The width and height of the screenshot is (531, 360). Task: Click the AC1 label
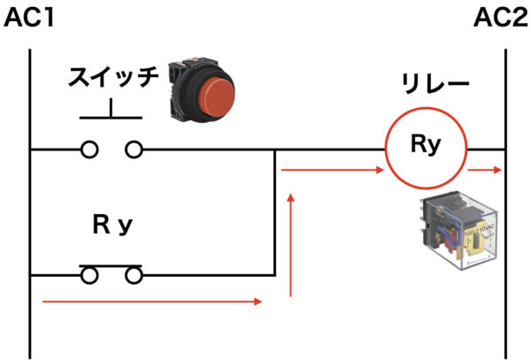[29, 18]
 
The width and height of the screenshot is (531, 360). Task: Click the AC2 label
[501, 18]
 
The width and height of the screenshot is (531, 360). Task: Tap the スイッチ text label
[113, 77]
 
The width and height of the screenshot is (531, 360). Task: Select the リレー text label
[435, 84]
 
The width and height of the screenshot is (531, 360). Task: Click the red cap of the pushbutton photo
[217, 96]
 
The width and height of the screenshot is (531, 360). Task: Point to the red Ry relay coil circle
[426, 108]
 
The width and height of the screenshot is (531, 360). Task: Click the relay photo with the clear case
[458, 230]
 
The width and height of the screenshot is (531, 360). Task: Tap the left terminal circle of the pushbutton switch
[89, 149]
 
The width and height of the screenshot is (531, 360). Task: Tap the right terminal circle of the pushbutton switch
[134, 149]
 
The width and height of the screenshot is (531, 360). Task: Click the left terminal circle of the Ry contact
[89, 275]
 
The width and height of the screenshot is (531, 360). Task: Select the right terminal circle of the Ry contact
[134, 275]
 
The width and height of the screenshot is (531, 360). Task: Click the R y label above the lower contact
[112, 225]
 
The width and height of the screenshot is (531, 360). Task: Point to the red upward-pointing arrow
[290, 245]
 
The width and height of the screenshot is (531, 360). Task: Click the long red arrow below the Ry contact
[152, 301]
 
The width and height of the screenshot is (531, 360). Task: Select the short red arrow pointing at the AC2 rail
[484, 170]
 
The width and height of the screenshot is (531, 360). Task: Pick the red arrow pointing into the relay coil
[333, 170]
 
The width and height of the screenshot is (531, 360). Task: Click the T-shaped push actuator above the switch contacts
[111, 117]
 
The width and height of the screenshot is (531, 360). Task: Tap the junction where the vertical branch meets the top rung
[275, 149]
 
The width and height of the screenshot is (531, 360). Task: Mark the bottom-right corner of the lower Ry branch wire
[275, 275]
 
